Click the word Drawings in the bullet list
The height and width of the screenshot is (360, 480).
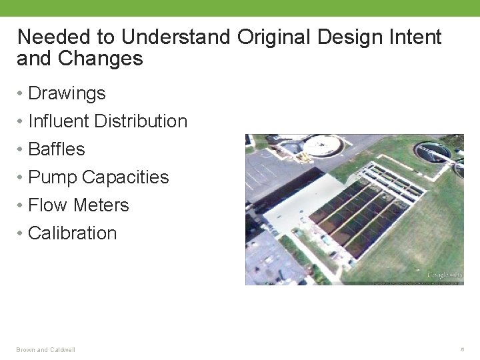[x=67, y=93]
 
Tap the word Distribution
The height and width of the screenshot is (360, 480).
[x=141, y=121]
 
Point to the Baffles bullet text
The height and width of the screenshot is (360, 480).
[x=57, y=149]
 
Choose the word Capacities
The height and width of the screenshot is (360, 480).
[x=125, y=177]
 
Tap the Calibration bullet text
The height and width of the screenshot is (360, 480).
[x=72, y=233]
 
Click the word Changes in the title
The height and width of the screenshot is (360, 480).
[x=101, y=59]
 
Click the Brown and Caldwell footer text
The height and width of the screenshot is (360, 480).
[x=46, y=350]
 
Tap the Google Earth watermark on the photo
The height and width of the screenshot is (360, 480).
[x=444, y=275]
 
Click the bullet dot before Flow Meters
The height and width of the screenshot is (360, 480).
[x=21, y=205]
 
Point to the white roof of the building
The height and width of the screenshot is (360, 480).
[x=287, y=200]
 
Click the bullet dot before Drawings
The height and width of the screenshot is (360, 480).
[x=21, y=93]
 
